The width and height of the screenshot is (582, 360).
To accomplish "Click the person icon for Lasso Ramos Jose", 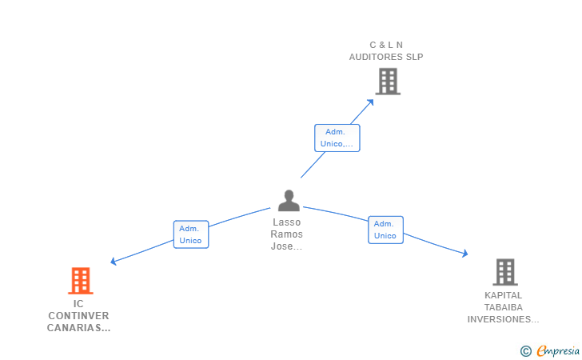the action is point(288,201).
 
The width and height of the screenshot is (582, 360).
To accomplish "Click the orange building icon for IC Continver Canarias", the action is point(80,281).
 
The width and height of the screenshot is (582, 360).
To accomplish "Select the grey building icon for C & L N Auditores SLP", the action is point(387,81).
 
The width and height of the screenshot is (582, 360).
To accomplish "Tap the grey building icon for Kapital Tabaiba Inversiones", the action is point(504,272).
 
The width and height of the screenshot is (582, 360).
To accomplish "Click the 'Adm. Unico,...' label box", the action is point(337,138).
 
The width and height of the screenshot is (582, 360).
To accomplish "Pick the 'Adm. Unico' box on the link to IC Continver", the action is point(191,234).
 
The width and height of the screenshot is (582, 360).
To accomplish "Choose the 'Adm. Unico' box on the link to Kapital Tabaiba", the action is point(385,230).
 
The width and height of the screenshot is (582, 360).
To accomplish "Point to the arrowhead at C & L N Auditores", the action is point(371,102).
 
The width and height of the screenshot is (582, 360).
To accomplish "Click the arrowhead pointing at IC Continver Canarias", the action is point(114,261).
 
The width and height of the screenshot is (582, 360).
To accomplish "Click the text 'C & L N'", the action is point(386,45).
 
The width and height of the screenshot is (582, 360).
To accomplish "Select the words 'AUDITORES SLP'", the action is point(386,57).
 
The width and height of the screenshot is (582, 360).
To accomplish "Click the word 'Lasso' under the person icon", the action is point(287,222).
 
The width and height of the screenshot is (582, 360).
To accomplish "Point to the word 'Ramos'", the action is point(287,234).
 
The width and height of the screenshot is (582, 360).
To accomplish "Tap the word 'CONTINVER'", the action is point(78,316).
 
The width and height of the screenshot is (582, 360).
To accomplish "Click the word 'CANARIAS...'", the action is point(78,328).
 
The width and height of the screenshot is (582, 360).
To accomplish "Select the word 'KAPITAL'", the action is point(504,295).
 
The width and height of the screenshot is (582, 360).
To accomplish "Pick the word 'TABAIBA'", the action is point(504,307).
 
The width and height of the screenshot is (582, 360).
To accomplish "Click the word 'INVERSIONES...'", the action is point(504,319).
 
